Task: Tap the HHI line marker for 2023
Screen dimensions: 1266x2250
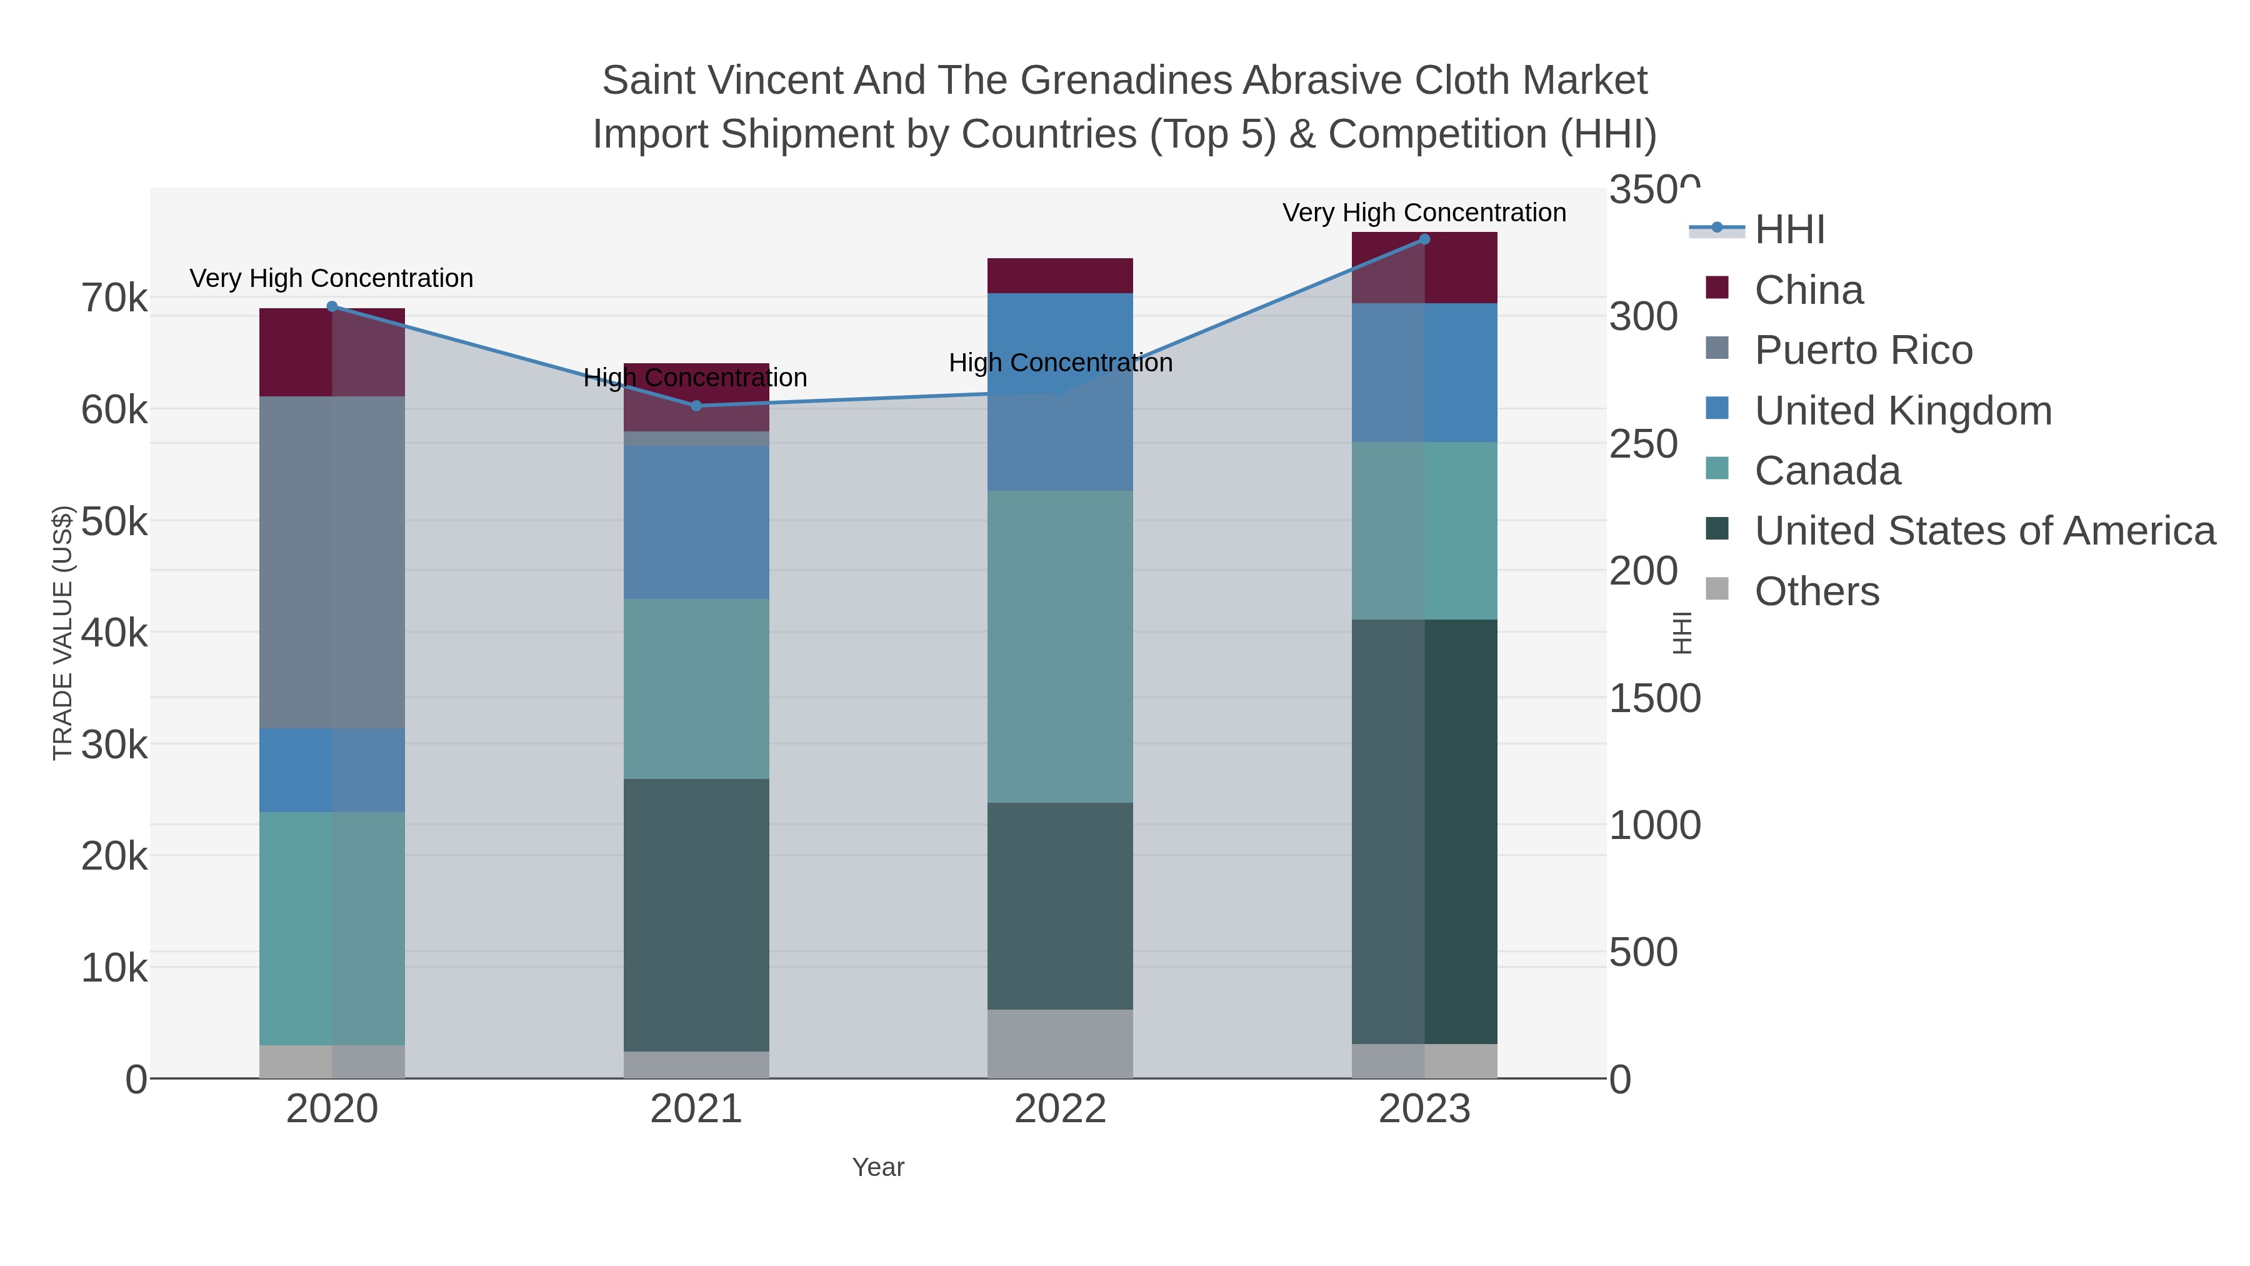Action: tap(1424, 239)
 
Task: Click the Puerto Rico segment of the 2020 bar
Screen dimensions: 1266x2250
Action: tap(332, 562)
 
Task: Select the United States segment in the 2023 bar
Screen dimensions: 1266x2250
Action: tap(1424, 830)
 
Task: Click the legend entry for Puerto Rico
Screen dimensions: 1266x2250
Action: tap(1863, 350)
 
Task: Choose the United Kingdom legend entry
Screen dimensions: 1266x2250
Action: tap(1902, 411)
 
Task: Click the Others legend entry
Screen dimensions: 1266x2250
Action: tap(1817, 591)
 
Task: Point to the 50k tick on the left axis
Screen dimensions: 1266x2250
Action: tap(114, 521)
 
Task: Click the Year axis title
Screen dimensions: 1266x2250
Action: tap(878, 1167)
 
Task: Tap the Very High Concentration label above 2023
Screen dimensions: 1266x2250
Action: tap(1424, 213)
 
